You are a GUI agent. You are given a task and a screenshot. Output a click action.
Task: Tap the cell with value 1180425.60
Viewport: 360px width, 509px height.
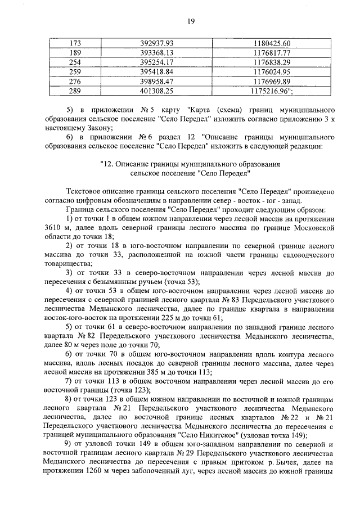272,44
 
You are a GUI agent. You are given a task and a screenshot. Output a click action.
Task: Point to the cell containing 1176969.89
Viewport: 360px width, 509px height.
272,80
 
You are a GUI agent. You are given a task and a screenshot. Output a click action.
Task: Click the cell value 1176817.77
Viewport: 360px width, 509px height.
272,53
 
